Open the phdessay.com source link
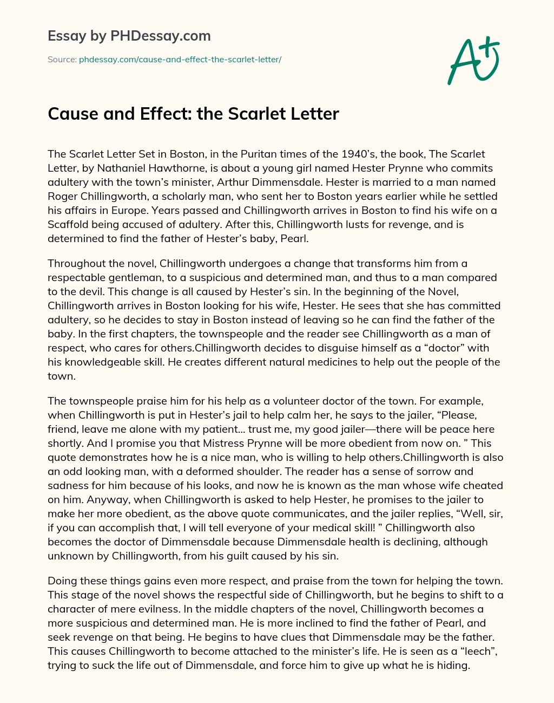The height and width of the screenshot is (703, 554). tap(180, 59)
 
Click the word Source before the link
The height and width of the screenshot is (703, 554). tap(61, 59)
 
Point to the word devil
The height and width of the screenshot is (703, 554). tap(101, 291)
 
